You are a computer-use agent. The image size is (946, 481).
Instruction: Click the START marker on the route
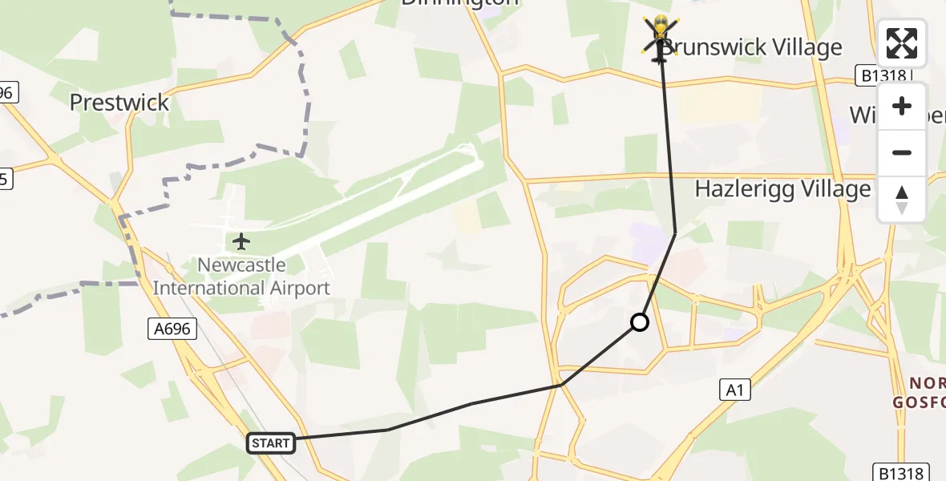point(271,443)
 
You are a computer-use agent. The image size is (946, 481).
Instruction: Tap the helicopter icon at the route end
point(659,38)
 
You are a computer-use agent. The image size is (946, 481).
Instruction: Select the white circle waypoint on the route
point(640,322)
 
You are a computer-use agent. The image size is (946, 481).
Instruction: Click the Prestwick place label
point(119,103)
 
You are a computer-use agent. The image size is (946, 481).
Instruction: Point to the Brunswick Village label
point(751,47)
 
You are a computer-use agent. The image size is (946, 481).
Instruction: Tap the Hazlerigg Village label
point(782,189)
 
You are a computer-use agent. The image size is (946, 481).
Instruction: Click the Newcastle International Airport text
point(241,277)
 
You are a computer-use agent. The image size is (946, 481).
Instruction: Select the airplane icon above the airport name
point(241,240)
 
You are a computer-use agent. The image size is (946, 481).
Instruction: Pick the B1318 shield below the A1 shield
point(901,472)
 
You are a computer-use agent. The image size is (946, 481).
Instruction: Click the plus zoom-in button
point(902,107)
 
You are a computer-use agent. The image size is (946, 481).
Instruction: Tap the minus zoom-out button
point(902,153)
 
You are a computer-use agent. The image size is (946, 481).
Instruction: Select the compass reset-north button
point(902,200)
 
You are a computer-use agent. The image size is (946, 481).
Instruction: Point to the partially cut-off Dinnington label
point(459,3)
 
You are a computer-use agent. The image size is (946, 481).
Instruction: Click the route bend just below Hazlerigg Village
point(675,233)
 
